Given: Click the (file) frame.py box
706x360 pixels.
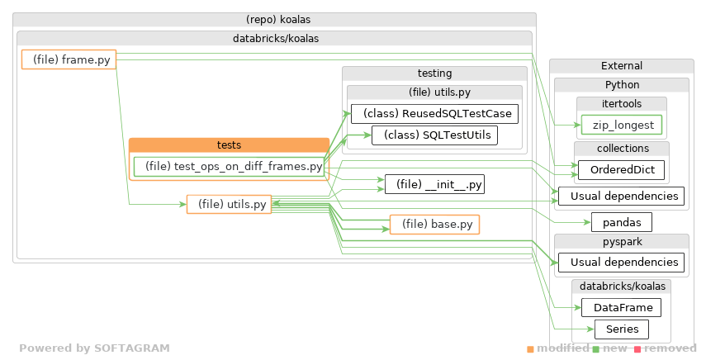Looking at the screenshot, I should (x=69, y=59).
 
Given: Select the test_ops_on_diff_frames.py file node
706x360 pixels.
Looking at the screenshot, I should (x=228, y=167).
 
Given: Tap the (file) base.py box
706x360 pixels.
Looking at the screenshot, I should (x=434, y=224).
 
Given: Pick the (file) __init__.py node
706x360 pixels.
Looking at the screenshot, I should (x=434, y=184).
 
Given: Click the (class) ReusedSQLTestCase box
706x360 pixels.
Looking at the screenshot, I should (x=434, y=113).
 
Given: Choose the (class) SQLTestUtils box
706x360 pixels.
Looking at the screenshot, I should (x=434, y=135).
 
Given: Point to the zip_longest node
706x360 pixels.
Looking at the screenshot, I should (x=621, y=126).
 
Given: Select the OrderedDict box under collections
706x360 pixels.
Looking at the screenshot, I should (x=621, y=171).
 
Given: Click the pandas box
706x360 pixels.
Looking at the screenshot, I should (x=621, y=222).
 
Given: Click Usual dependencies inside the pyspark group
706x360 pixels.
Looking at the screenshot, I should (x=621, y=263).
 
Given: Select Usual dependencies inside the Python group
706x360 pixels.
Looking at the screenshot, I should (x=621, y=197).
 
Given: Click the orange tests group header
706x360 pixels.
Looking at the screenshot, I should (x=229, y=145).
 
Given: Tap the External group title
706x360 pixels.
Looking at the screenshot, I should (x=621, y=66).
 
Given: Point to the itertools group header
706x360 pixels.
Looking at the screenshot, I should (x=621, y=104).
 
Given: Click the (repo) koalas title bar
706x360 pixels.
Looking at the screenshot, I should (x=274, y=19).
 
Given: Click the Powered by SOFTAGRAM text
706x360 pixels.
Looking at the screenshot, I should (x=94, y=348).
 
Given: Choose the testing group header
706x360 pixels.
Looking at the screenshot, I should (x=434, y=73).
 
